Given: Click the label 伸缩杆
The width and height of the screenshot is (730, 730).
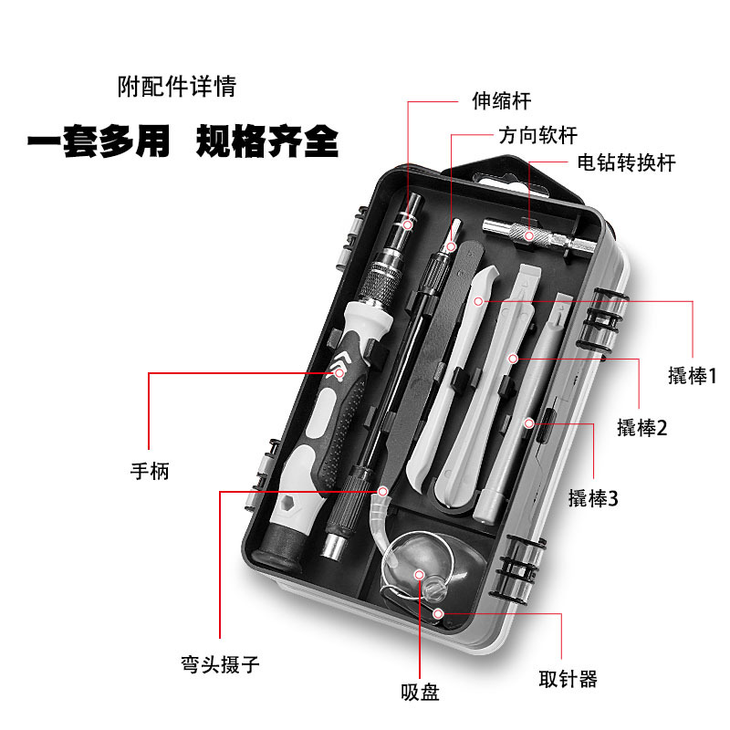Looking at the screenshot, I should [x=500, y=101].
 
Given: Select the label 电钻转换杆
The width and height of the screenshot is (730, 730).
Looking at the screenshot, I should [x=626, y=162].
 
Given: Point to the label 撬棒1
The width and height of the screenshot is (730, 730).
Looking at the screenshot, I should [x=693, y=375].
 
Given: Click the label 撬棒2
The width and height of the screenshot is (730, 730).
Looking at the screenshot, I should [x=641, y=427].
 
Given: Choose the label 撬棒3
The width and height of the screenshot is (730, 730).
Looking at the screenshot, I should [x=594, y=498].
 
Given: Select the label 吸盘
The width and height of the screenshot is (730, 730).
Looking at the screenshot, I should [x=420, y=693].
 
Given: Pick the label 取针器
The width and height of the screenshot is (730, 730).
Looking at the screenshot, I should [x=568, y=679].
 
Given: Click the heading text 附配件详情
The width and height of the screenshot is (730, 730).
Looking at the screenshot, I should [x=177, y=88].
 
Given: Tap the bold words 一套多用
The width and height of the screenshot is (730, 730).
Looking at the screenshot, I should [x=99, y=143].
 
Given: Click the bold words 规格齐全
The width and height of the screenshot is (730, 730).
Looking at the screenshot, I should [x=267, y=143].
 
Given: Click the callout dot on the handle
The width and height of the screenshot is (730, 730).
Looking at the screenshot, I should [x=339, y=372].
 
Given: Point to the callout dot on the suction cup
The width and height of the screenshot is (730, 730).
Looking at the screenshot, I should [x=419, y=574].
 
